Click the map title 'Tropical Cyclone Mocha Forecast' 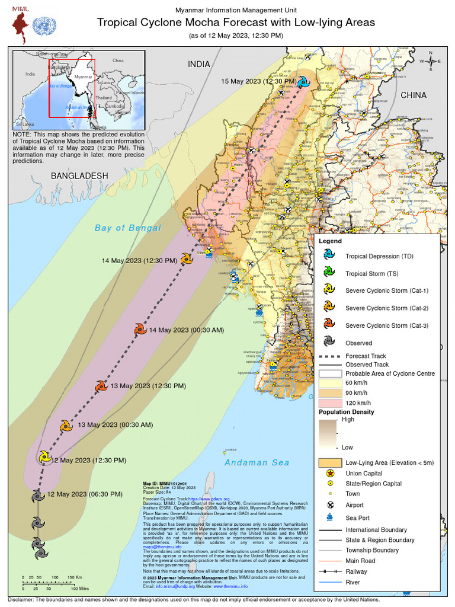tap(236, 23)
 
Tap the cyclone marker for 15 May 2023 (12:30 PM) tap(303, 82)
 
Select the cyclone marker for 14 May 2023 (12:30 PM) tap(187, 258)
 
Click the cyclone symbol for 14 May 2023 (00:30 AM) tap(140, 330)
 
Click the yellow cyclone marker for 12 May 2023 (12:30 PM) tap(44, 457)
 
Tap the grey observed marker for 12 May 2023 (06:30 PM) tap(38, 495)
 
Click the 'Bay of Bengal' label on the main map tap(127, 228)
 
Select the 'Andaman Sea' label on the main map tap(257, 463)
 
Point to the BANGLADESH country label tap(79, 176)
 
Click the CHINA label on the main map tap(413, 95)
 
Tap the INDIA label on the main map tap(199, 64)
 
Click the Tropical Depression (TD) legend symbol tap(329, 255)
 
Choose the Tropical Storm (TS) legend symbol tap(329, 273)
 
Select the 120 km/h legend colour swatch tap(330, 403)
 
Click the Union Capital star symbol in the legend tap(329, 473)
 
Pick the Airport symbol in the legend tap(329, 505)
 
